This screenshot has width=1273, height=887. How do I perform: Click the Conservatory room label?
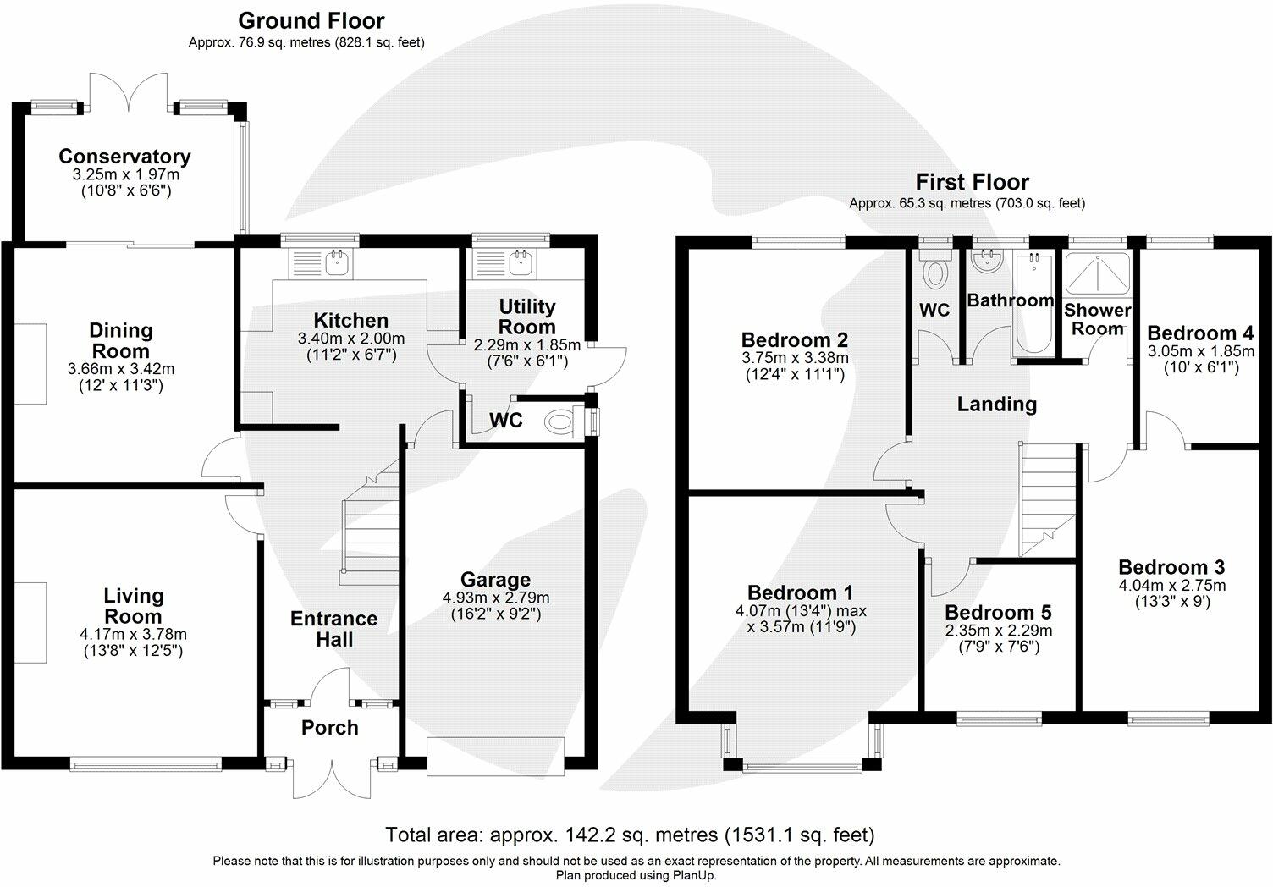click(x=124, y=157)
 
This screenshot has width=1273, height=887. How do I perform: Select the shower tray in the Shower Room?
click(x=1098, y=274)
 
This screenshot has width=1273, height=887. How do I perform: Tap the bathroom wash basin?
click(x=984, y=263)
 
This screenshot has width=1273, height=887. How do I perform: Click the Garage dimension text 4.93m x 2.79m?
click(x=495, y=598)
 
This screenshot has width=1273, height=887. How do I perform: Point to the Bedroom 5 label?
click(x=998, y=612)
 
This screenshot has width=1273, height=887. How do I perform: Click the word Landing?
click(x=997, y=404)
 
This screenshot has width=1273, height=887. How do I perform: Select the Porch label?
click(x=329, y=727)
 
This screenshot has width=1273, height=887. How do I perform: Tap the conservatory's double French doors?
click(x=130, y=91)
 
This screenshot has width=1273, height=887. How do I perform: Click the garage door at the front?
click(x=495, y=757)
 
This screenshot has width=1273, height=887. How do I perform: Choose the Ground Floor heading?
click(x=311, y=21)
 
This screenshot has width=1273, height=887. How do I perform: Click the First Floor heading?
click(x=972, y=182)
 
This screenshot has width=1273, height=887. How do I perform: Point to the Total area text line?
click(x=630, y=835)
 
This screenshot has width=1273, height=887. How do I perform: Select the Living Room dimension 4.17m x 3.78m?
click(x=133, y=634)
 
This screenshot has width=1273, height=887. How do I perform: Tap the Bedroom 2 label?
click(x=795, y=339)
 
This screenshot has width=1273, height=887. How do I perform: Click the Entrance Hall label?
click(x=333, y=629)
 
